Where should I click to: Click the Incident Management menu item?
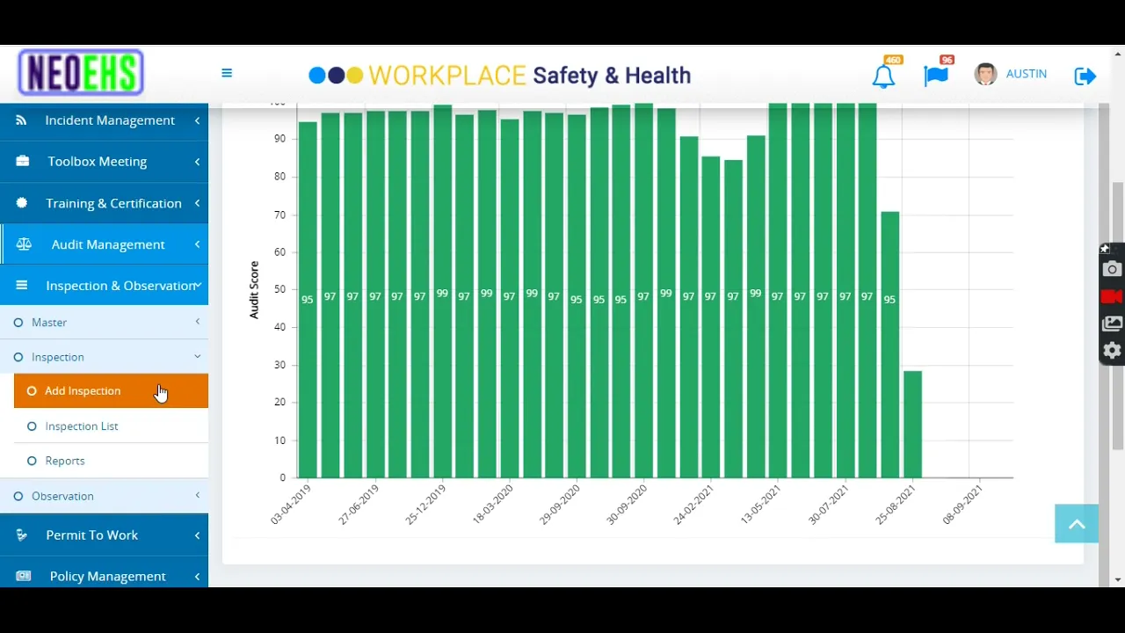(109, 120)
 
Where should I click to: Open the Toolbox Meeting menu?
(97, 162)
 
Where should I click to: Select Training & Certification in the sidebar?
(113, 203)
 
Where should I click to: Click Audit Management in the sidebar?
(107, 244)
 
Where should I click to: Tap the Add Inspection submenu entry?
(83, 391)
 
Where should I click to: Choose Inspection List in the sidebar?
(82, 426)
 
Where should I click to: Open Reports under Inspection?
(65, 461)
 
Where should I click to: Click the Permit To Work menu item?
(91, 535)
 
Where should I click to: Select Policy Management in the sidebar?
(107, 577)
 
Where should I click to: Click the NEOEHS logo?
(81, 73)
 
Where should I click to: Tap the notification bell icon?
(883, 76)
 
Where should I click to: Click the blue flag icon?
(936, 76)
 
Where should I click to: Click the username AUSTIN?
(1026, 74)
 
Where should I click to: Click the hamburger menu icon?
(227, 73)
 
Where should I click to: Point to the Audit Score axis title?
(254, 289)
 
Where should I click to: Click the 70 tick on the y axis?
(279, 215)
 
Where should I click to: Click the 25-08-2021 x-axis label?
(896, 506)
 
